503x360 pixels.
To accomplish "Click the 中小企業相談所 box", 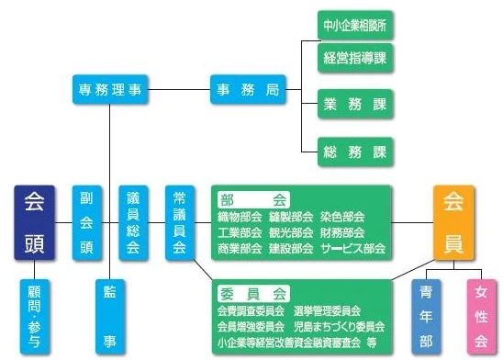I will pos(355,25).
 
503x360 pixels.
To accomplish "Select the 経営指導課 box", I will pos(355,57).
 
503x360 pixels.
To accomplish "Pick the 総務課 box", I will pos(355,151).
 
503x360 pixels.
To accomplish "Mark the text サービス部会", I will pos(353,248).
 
